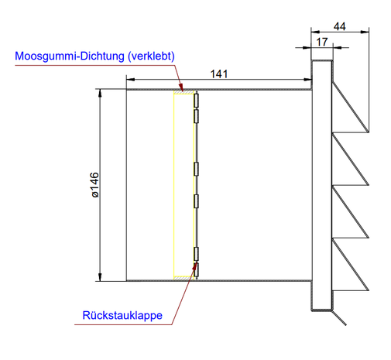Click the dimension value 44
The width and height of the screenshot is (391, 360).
[x=339, y=26]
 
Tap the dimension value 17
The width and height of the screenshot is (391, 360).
[x=322, y=42]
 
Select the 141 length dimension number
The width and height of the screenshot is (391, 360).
[x=219, y=74]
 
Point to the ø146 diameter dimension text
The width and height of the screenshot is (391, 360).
[x=95, y=185]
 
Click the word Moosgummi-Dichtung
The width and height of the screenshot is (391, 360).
[x=70, y=57]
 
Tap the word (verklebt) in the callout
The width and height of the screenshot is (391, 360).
[x=152, y=57]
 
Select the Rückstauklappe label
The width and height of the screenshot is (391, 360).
[x=122, y=315]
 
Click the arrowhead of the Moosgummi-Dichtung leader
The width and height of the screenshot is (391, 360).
[x=181, y=87]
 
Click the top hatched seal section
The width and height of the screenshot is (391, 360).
[x=183, y=92]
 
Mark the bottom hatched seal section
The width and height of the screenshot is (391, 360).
[x=183, y=278]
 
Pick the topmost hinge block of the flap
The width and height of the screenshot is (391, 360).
[x=197, y=101]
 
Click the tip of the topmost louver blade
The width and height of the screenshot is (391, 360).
[x=369, y=132]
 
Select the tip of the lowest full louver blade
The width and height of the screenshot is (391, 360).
[x=369, y=290]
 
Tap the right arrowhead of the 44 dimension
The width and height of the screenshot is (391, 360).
[x=365, y=32]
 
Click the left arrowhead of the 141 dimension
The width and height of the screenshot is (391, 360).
[x=131, y=80]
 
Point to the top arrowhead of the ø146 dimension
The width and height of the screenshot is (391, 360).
[x=100, y=94]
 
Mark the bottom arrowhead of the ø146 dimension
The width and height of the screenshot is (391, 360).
[x=100, y=277]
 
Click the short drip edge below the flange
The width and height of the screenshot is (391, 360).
[x=338, y=318]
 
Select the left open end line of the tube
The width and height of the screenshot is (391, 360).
[x=126, y=185]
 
